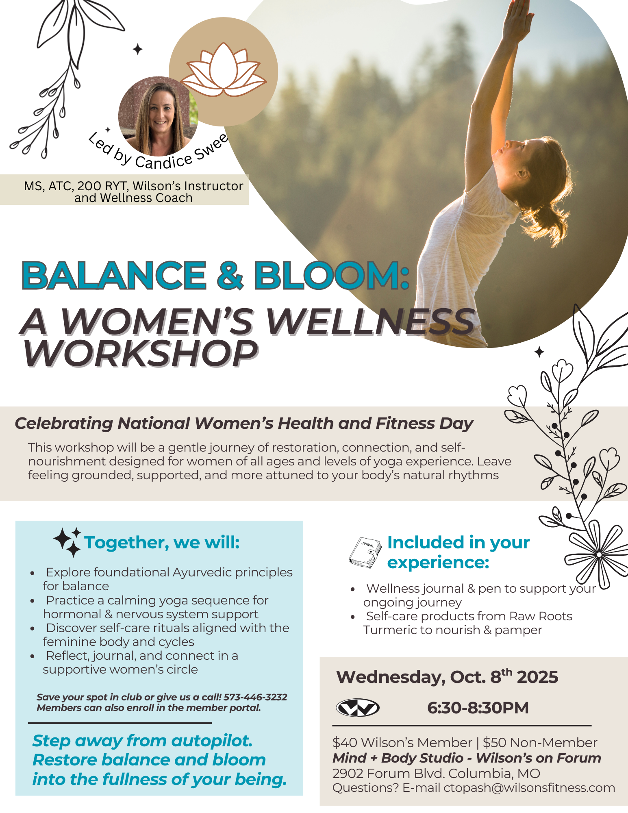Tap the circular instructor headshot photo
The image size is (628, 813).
click(x=159, y=116)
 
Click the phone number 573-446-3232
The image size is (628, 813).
click(x=255, y=697)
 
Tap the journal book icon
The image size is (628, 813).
click(x=365, y=552)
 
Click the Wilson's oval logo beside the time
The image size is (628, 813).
click(x=358, y=708)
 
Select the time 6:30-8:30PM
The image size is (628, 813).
click(x=478, y=708)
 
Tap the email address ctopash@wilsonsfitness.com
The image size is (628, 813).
click(x=529, y=788)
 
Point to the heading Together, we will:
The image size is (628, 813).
click(x=162, y=543)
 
